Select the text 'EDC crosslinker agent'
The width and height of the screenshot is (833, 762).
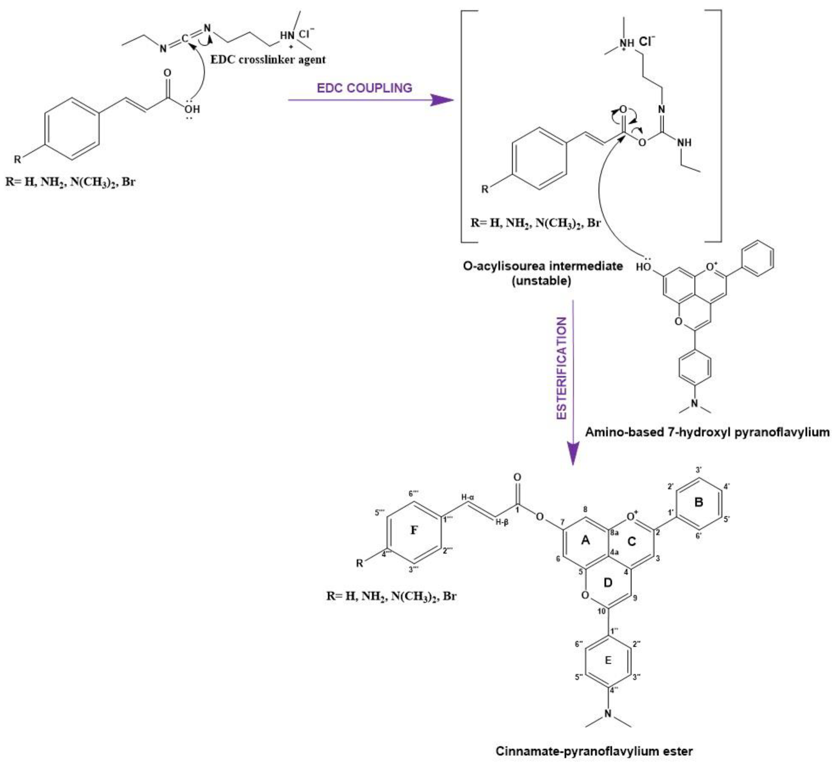268,60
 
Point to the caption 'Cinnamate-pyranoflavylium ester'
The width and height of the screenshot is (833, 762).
594,751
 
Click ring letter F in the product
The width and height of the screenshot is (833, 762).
414,530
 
